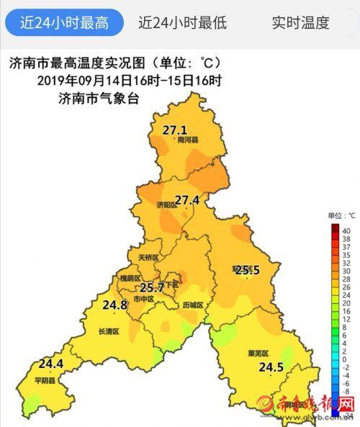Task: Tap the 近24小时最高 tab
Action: [x=64, y=22]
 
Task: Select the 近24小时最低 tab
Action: [x=182, y=22]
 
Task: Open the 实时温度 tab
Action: [x=300, y=22]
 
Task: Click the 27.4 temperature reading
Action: [x=187, y=199]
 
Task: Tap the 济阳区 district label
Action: [x=166, y=205]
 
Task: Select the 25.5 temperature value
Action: [x=248, y=270]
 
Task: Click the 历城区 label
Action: [x=193, y=305]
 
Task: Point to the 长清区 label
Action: [x=107, y=331]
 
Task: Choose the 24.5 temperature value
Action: [x=271, y=367]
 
